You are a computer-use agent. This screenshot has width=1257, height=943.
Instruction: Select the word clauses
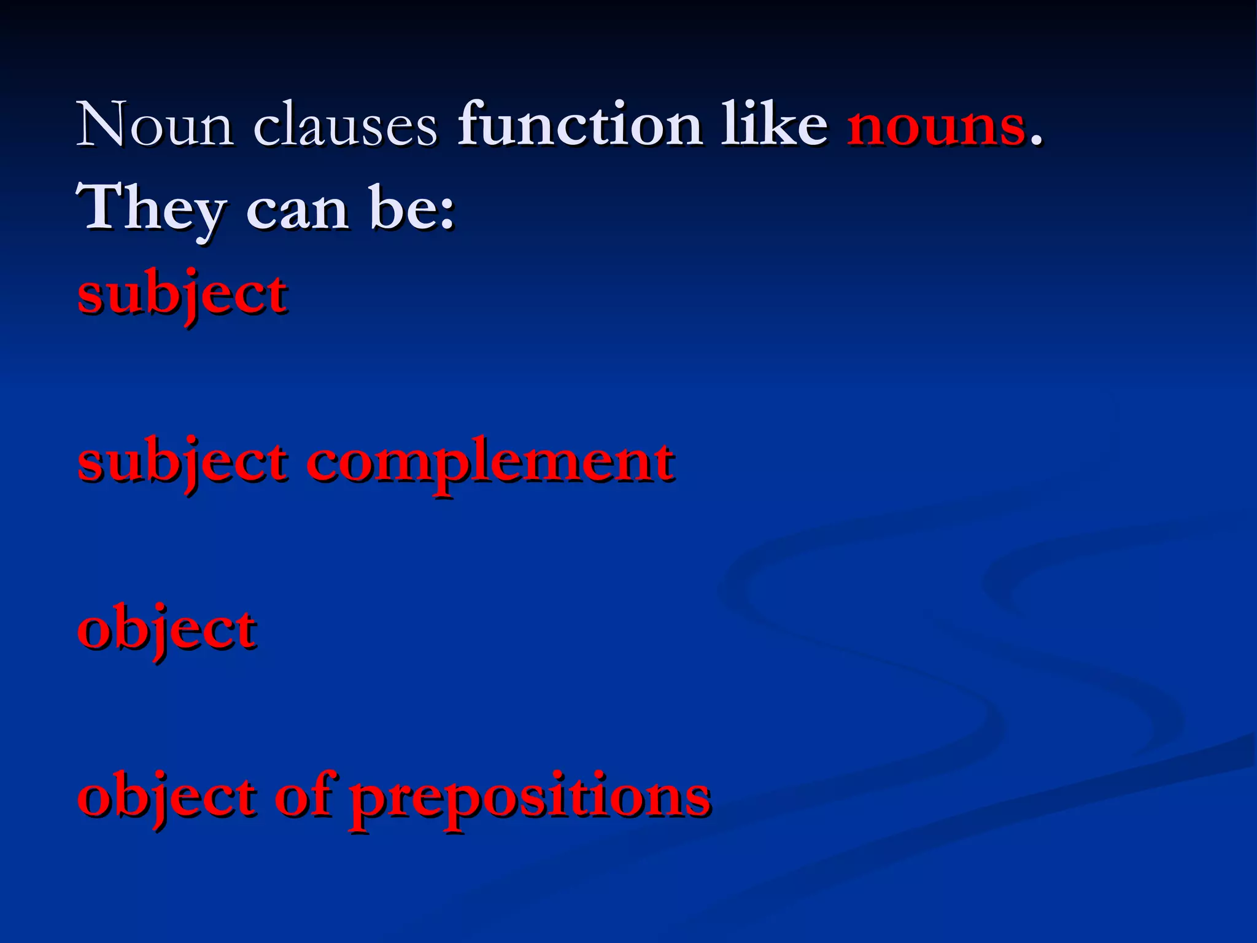346,126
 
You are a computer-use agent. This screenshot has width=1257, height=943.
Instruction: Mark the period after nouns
1036,142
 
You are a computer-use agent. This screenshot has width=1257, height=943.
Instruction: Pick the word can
298,210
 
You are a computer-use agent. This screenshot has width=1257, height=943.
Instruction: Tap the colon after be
447,215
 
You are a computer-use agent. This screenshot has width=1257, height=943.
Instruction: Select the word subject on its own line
182,293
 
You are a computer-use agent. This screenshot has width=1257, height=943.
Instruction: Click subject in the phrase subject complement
182,462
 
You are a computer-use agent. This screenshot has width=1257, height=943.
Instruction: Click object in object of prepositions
167,797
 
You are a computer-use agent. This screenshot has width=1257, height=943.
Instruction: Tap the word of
305,796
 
